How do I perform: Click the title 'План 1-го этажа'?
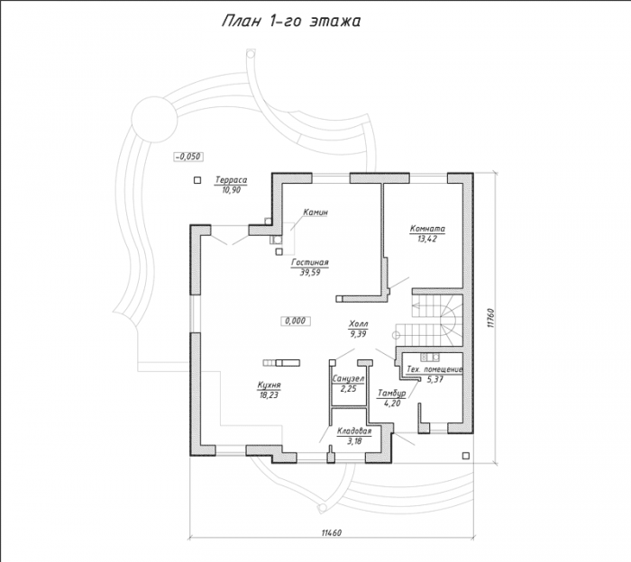point(291,22)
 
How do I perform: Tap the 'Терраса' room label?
point(231,180)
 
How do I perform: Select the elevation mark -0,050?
point(188,157)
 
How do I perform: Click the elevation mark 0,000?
point(296,321)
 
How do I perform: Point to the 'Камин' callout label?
point(315,212)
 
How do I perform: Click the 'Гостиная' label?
point(310,262)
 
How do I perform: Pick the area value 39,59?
point(310,273)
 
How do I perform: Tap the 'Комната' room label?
point(427,229)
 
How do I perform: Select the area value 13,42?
point(427,239)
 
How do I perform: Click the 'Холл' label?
point(359,323)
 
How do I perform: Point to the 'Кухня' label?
point(270,385)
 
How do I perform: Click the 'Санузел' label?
point(349,378)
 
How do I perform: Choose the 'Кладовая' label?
point(354,431)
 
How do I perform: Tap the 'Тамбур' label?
point(391,394)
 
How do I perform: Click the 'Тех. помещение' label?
point(434,369)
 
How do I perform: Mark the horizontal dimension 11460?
point(331,533)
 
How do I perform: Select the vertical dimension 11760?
point(489,319)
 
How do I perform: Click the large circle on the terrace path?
point(154,119)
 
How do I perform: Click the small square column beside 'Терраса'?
point(197,180)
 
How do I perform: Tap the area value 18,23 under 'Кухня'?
point(270,395)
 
